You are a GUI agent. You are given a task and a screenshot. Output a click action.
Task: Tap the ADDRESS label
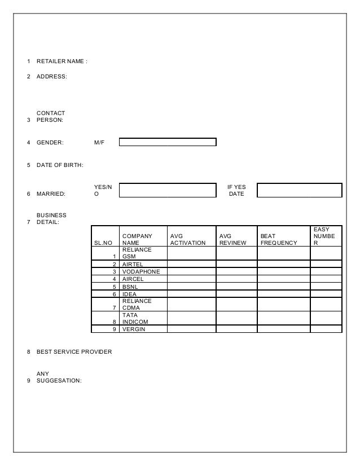tap(51, 77)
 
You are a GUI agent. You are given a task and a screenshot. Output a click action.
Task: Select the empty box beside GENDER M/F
tap(168, 142)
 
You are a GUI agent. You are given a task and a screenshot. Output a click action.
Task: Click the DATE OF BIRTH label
tap(60, 165)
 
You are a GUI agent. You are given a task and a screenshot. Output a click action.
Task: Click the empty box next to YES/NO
tap(168, 190)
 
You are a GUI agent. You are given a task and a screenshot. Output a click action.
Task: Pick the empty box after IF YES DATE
tap(299, 190)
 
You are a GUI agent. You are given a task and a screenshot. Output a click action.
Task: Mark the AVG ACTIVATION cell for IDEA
tap(191, 293)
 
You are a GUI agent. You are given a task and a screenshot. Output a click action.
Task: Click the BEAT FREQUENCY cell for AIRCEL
tap(283, 279)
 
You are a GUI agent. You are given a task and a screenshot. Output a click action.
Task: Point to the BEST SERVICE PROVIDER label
tap(74, 352)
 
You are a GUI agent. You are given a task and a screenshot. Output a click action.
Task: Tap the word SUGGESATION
tap(59, 380)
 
